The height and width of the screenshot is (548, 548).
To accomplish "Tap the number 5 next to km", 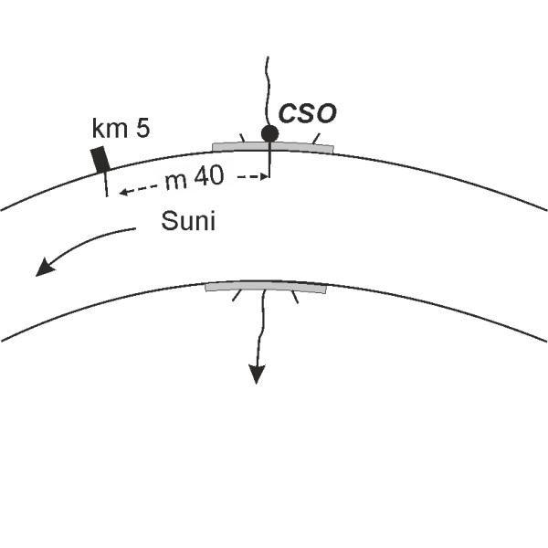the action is (x=143, y=127).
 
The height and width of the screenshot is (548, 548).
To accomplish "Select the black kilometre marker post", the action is (x=100, y=159).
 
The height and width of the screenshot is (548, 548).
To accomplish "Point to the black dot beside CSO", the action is (x=269, y=133).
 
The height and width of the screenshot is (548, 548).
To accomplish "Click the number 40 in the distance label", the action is (x=207, y=179).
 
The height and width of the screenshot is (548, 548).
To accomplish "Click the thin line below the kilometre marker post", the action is (x=106, y=184).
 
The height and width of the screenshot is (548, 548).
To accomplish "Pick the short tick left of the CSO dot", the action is (x=242, y=138).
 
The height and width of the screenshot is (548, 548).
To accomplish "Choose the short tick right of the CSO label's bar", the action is (x=316, y=139).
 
